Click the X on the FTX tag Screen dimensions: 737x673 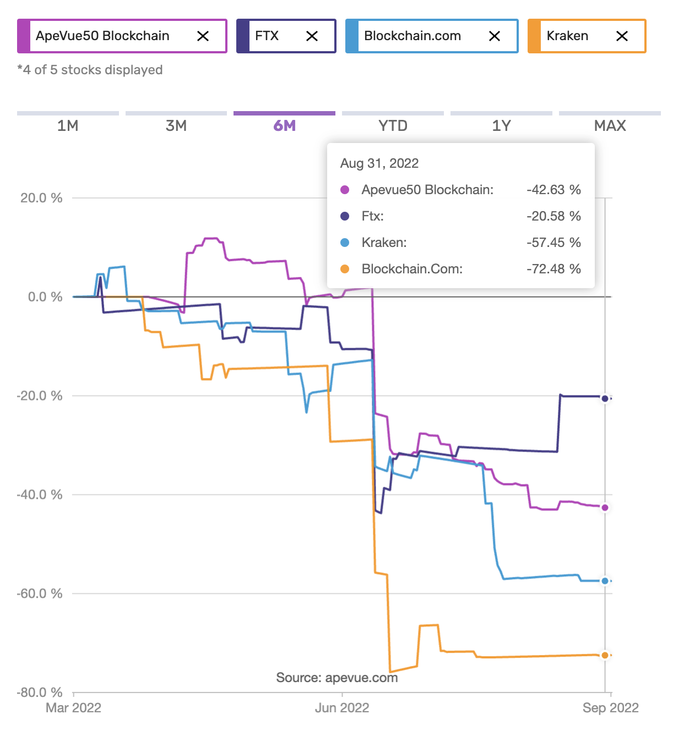coord(312,36)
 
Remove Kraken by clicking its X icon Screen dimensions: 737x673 coord(622,36)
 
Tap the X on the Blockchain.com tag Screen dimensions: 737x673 coord(495,36)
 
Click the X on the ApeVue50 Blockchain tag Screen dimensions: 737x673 coord(203,36)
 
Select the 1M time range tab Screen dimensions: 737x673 coord(68,125)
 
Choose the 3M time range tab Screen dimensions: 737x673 coord(176,125)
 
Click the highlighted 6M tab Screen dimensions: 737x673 coord(284,125)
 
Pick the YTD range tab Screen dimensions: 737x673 coord(393,125)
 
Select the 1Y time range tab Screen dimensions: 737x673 coord(501,125)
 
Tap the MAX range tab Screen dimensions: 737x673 coord(610,125)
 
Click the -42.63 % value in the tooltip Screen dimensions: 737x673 coord(553,190)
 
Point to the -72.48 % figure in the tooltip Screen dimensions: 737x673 coord(553,269)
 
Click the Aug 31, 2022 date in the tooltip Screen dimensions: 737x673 coord(379,163)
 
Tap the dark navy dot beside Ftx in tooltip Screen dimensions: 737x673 coord(345,216)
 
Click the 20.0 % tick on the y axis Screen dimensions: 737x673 coord(41,198)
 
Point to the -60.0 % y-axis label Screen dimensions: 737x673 coord(40,593)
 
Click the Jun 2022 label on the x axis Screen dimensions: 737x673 coord(342,708)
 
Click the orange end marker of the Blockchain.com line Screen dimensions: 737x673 coord(605,655)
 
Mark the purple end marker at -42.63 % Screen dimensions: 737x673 coord(605,508)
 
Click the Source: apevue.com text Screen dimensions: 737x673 coord(336,678)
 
